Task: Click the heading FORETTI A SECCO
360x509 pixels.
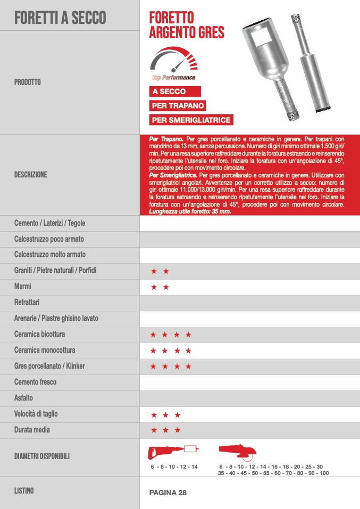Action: pyautogui.click(x=60, y=18)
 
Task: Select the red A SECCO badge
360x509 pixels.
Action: pyautogui.click(x=169, y=91)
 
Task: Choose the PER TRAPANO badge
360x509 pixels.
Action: pyautogui.click(x=178, y=106)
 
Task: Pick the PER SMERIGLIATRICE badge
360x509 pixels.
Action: pyautogui.click(x=191, y=120)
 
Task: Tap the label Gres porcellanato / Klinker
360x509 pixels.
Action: pyautogui.click(x=49, y=366)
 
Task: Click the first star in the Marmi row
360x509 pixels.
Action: pyautogui.click(x=154, y=287)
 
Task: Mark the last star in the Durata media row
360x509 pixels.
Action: pyautogui.click(x=178, y=430)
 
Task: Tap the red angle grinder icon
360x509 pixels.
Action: pyautogui.click(x=238, y=452)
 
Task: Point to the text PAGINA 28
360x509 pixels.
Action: pyautogui.click(x=168, y=493)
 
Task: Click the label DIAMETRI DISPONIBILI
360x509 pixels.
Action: pyautogui.click(x=42, y=456)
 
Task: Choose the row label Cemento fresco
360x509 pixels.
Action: pyautogui.click(x=35, y=382)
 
